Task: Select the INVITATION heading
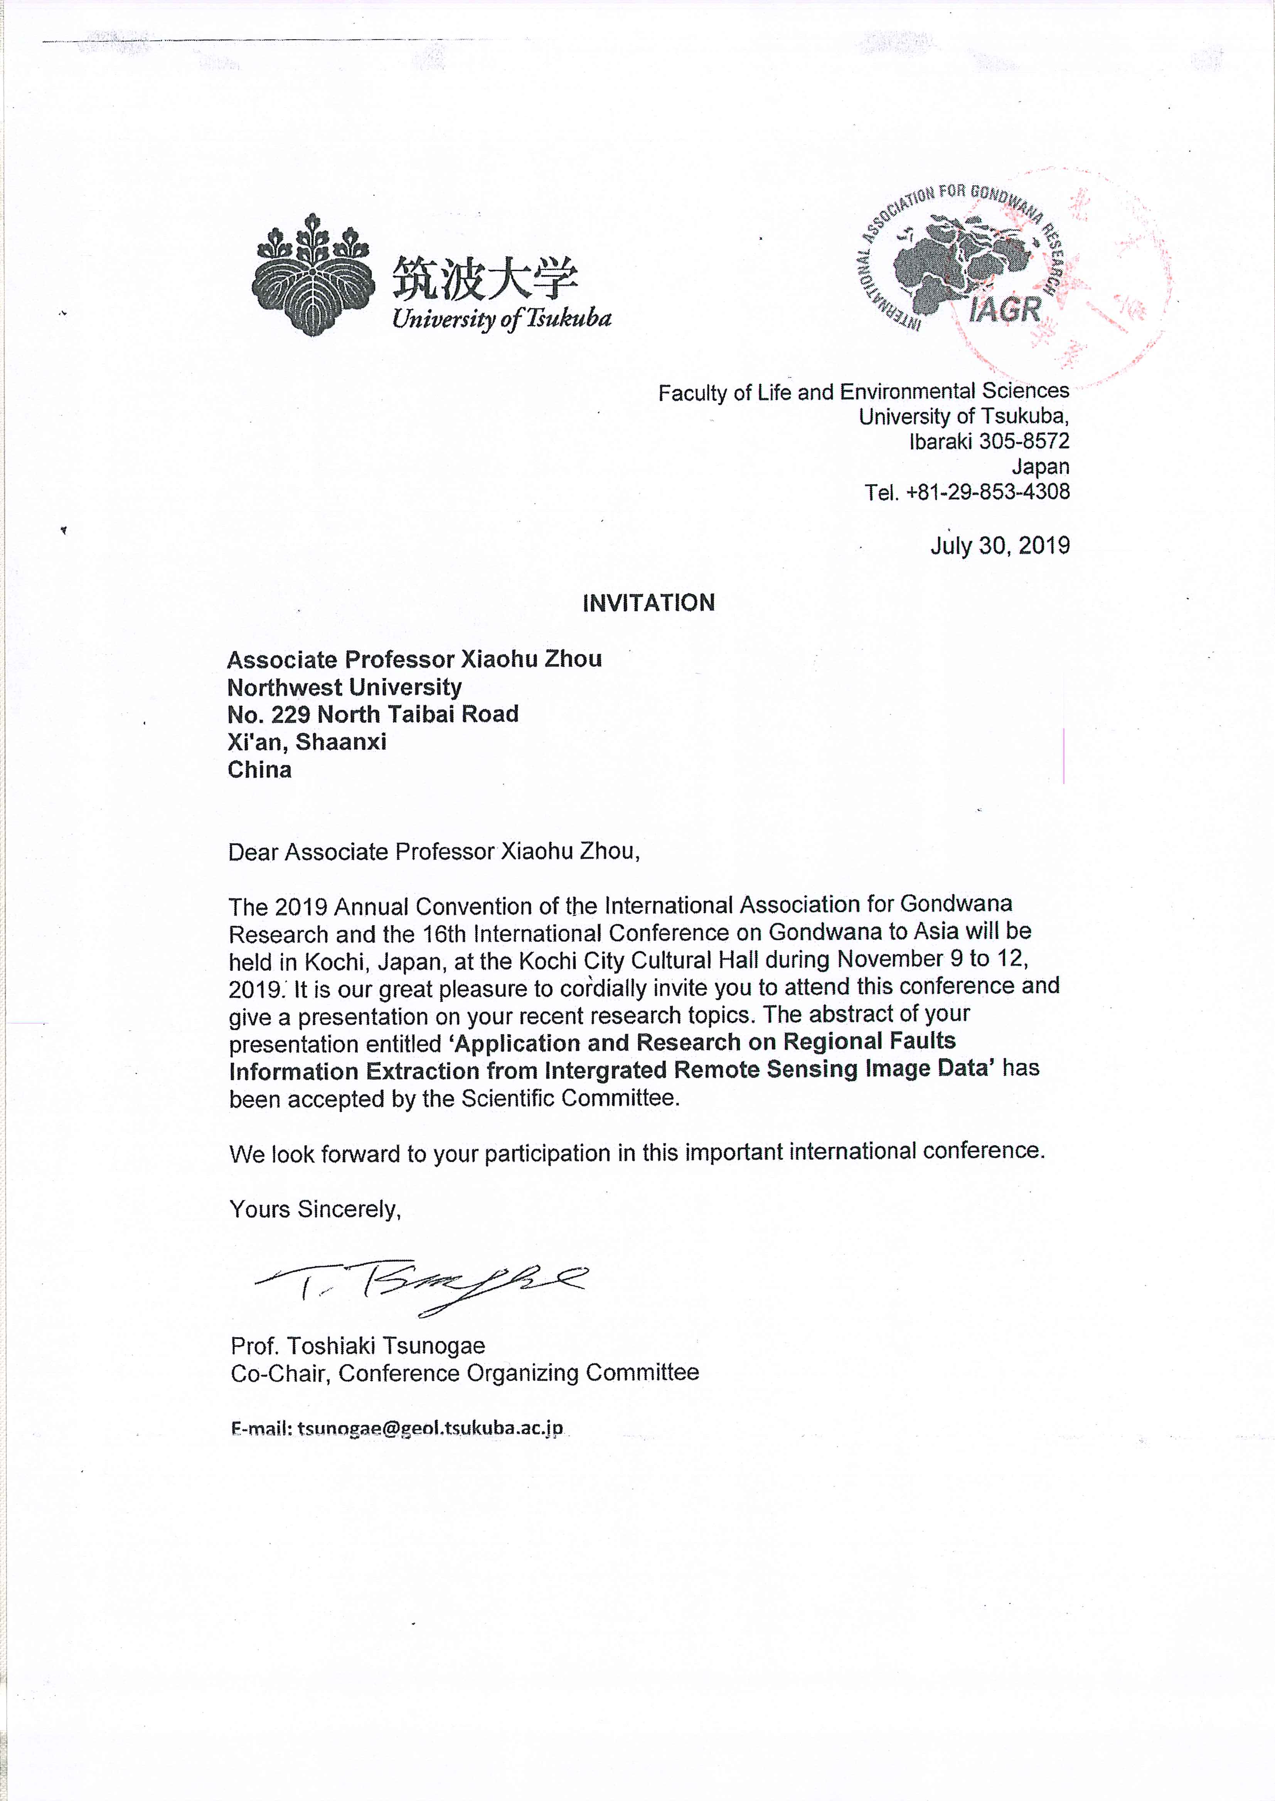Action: (x=648, y=603)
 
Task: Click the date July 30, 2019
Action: (x=999, y=545)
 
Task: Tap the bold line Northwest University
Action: (x=345, y=687)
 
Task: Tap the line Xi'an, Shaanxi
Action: (x=307, y=742)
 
